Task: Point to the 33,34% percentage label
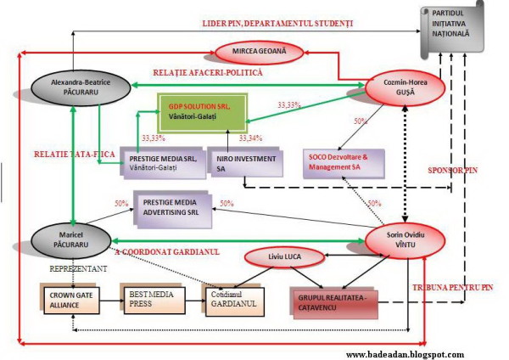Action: pos(252,137)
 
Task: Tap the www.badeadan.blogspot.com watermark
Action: pos(406,352)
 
